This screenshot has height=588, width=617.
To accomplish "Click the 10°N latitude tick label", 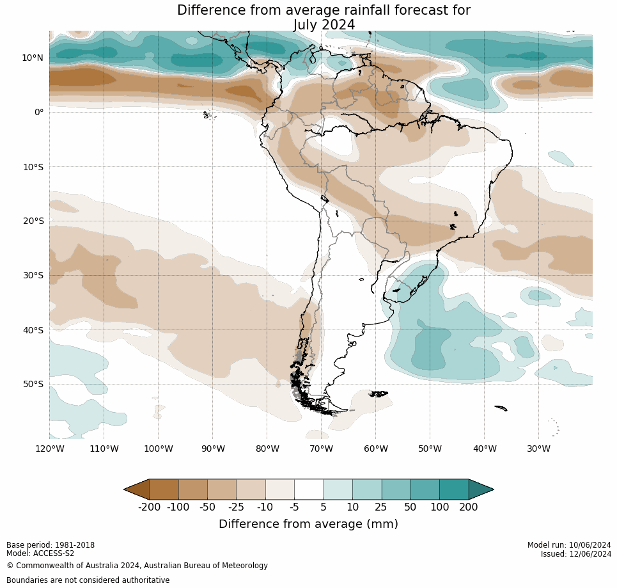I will pos(33,58).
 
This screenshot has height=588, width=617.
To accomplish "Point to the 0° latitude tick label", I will pos(39,112).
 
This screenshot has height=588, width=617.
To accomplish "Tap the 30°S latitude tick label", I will pos(33,275).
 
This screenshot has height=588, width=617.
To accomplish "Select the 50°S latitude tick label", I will pos(33,384).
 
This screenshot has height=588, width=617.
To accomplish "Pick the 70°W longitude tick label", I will pos(321,449).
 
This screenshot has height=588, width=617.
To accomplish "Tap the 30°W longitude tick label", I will pos(538,449).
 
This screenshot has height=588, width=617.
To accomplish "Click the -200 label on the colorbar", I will pos(149,507).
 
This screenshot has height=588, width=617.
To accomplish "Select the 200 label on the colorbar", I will pos(468,507).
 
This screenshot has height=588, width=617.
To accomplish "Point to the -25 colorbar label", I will pos(236,507).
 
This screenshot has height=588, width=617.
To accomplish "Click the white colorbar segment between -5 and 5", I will pos(309,489).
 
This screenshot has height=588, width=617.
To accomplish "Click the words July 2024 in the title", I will pos(324,25).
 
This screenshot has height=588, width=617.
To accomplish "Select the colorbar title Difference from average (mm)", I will pos(308,524).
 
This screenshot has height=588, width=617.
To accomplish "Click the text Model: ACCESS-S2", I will pos(40,553).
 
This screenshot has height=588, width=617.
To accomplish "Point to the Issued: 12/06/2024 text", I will pos(575,554).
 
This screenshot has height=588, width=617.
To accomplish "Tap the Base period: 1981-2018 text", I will pos(51,545).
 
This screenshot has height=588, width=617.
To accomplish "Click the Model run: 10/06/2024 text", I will pos(569,545).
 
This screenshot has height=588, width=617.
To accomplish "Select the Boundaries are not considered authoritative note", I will pos(88,580).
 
